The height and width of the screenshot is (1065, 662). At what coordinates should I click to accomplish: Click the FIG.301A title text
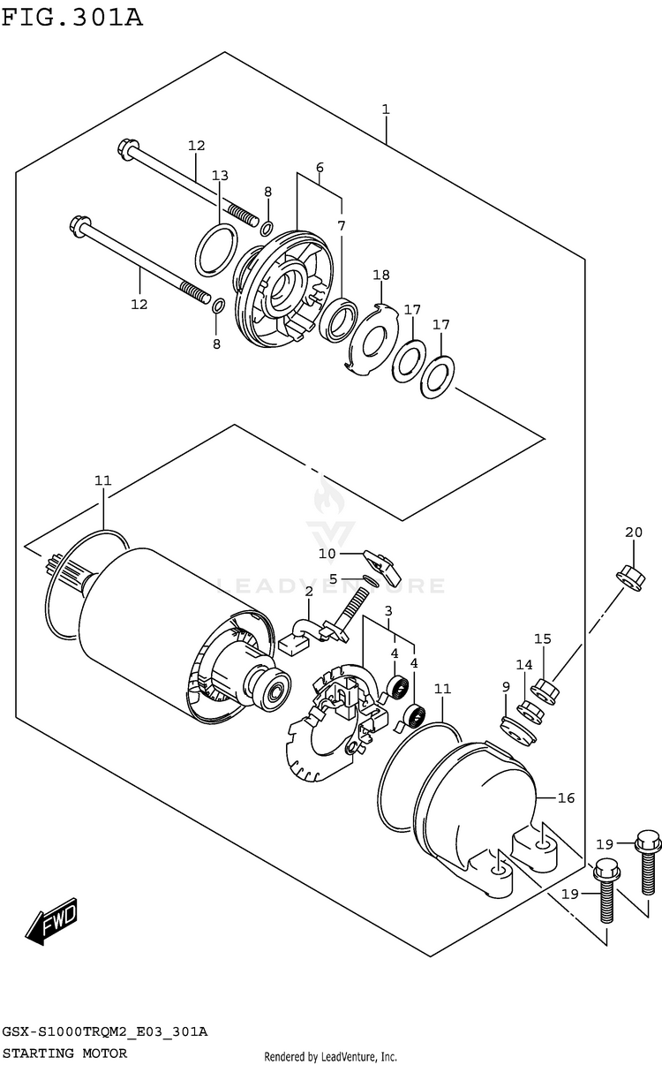[72, 18]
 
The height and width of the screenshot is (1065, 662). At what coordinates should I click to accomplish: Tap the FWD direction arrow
[51, 921]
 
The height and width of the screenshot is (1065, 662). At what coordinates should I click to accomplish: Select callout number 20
[634, 532]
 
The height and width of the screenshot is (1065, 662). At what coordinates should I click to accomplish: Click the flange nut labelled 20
[630, 578]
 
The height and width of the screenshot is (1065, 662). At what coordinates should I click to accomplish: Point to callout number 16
[566, 797]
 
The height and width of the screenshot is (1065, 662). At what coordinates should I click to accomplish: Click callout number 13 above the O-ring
[220, 176]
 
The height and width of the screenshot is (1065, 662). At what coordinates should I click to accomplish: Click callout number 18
[381, 275]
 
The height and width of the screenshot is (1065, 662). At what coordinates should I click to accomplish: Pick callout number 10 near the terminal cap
[327, 554]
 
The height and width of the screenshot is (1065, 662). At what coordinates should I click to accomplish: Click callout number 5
[333, 578]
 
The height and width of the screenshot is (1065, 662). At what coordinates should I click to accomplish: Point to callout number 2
[309, 592]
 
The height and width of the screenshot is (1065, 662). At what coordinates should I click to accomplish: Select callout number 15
[542, 638]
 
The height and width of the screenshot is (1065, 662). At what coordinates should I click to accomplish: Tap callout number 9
[506, 686]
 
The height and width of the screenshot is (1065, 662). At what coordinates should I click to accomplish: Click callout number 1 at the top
[386, 110]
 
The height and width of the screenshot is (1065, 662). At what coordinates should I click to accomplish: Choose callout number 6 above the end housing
[320, 168]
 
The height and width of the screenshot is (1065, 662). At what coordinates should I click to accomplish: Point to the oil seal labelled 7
[339, 319]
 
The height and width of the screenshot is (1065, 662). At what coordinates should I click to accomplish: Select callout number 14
[524, 665]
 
